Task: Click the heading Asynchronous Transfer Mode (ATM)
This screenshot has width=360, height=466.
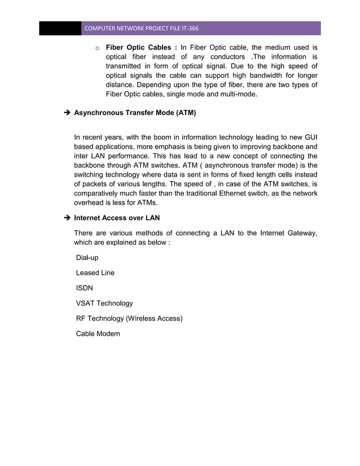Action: [x=135, y=113]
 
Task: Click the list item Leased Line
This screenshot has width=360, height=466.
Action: [x=95, y=273]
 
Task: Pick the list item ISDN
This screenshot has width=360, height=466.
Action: [x=85, y=288]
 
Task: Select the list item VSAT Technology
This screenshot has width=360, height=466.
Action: [x=105, y=304]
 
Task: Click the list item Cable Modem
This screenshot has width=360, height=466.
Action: [x=98, y=334]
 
